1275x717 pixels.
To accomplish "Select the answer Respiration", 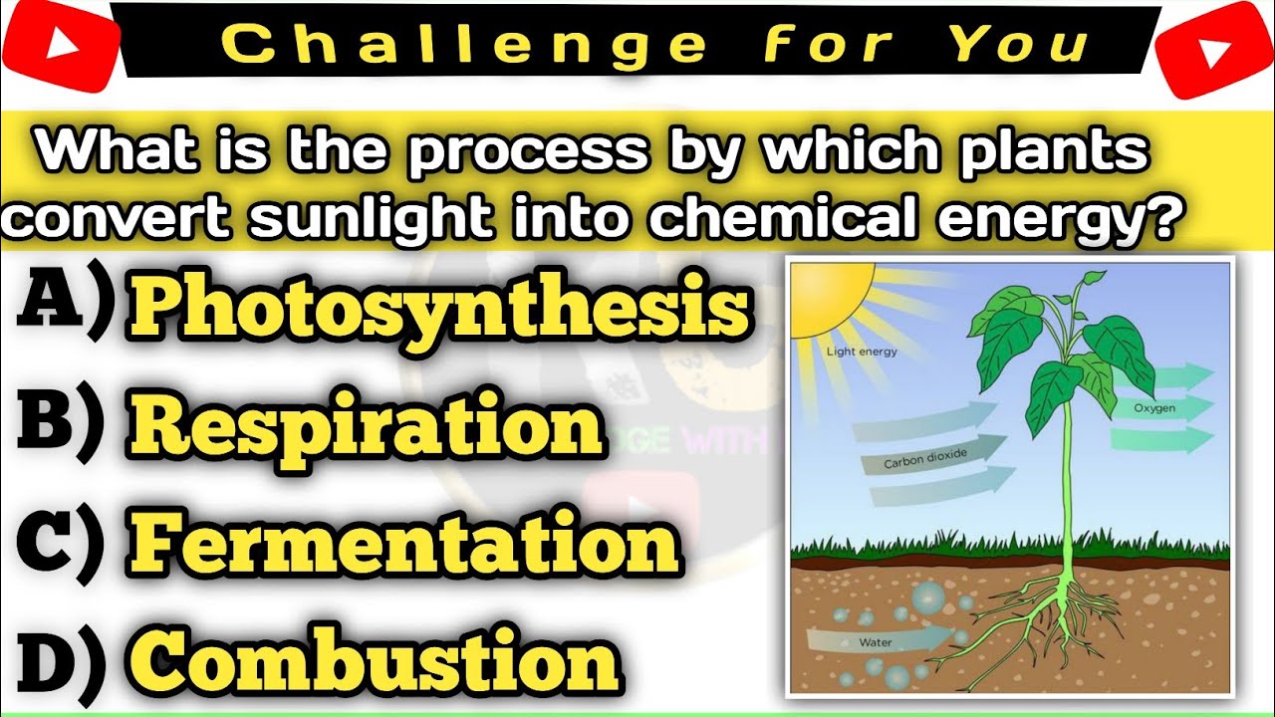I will click(x=367, y=426).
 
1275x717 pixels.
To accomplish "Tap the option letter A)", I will click(x=60, y=305).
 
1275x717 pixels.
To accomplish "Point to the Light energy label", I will click(x=861, y=352).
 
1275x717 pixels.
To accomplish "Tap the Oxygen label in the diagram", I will click(x=1154, y=408).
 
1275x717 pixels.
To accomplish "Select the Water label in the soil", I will click(x=875, y=642).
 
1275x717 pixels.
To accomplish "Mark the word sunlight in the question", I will click(x=369, y=216).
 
